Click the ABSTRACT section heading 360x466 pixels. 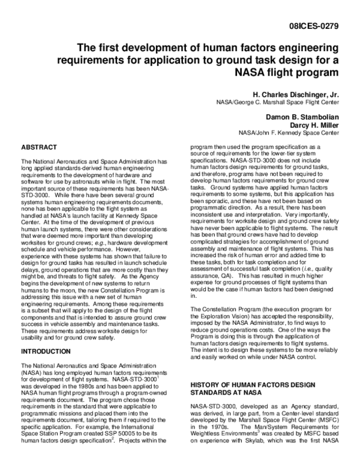click(x=39, y=147)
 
